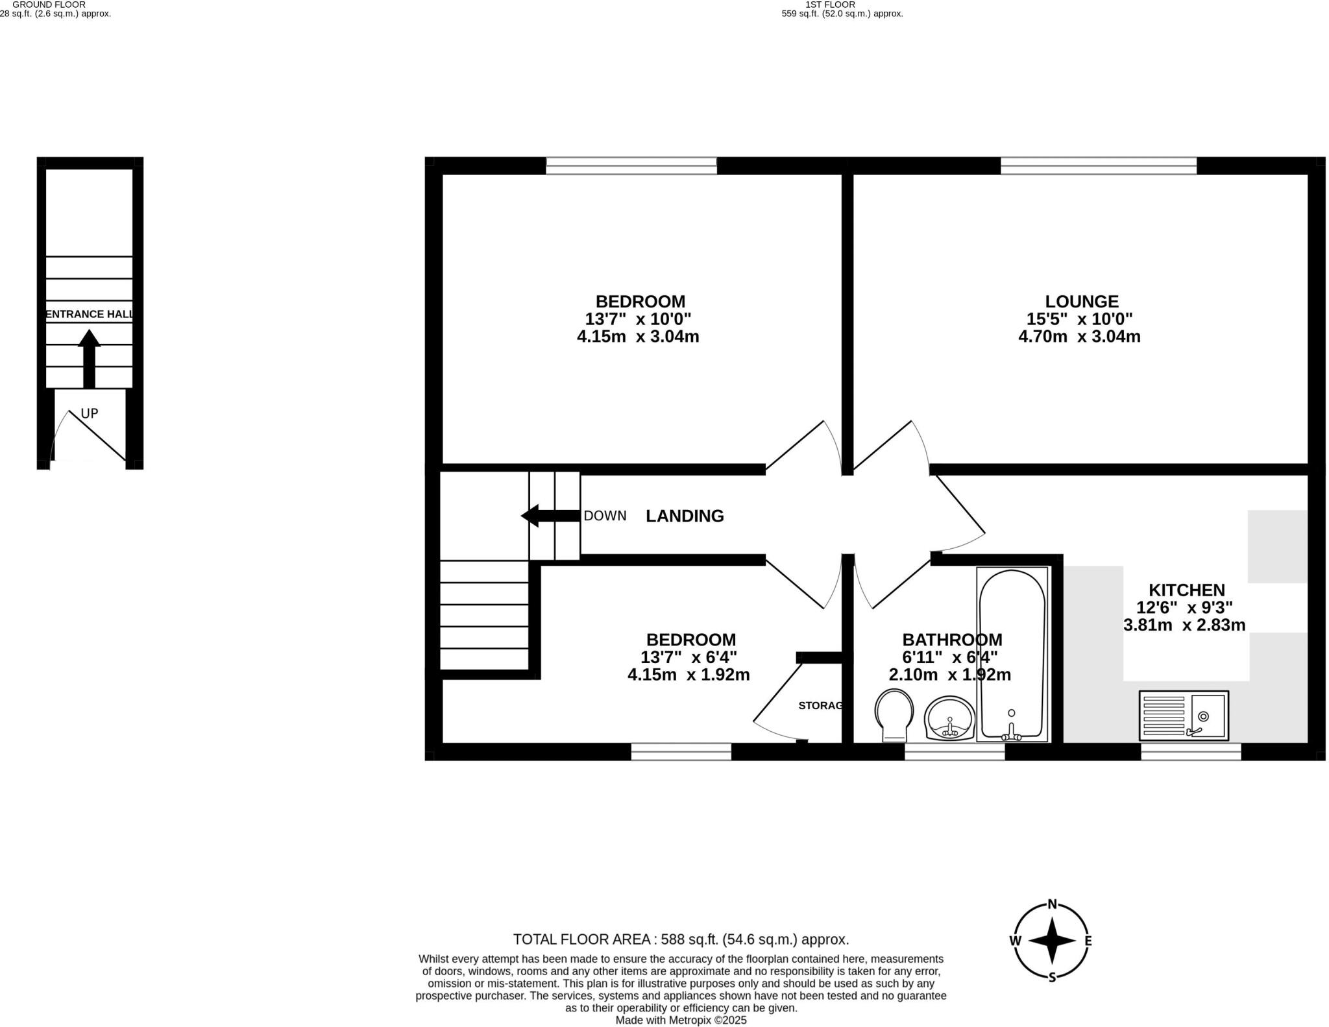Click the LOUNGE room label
[1081, 302]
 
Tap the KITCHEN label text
[1186, 590]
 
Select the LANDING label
[685, 516]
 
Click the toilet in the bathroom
[894, 714]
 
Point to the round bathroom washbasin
[949, 718]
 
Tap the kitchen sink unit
[1183, 716]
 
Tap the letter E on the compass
[1088, 941]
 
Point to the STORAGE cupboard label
[820, 706]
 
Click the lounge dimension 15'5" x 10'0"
[1079, 319]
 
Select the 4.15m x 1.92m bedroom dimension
[689, 675]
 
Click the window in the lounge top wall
[1098, 166]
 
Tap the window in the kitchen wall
[1191, 751]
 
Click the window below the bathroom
[955, 751]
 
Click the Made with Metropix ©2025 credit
[681, 1020]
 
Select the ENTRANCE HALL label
[90, 315]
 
